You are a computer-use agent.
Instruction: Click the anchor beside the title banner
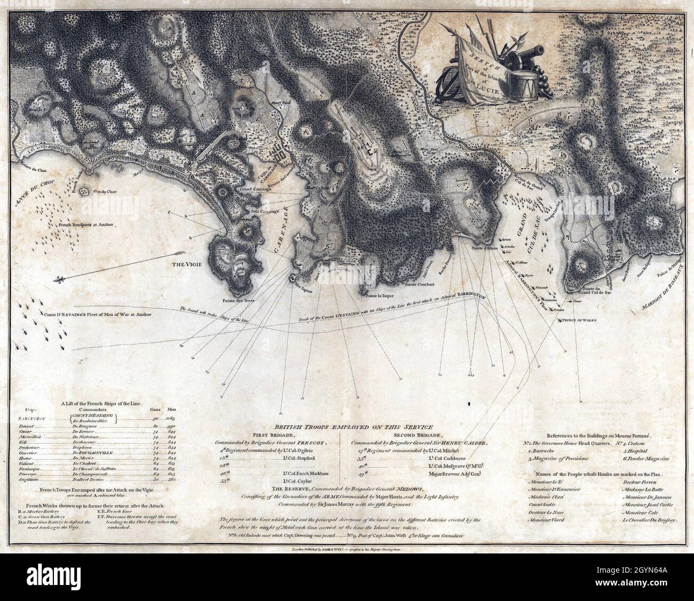[451, 84]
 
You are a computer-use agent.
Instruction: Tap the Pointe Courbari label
[419, 284]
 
